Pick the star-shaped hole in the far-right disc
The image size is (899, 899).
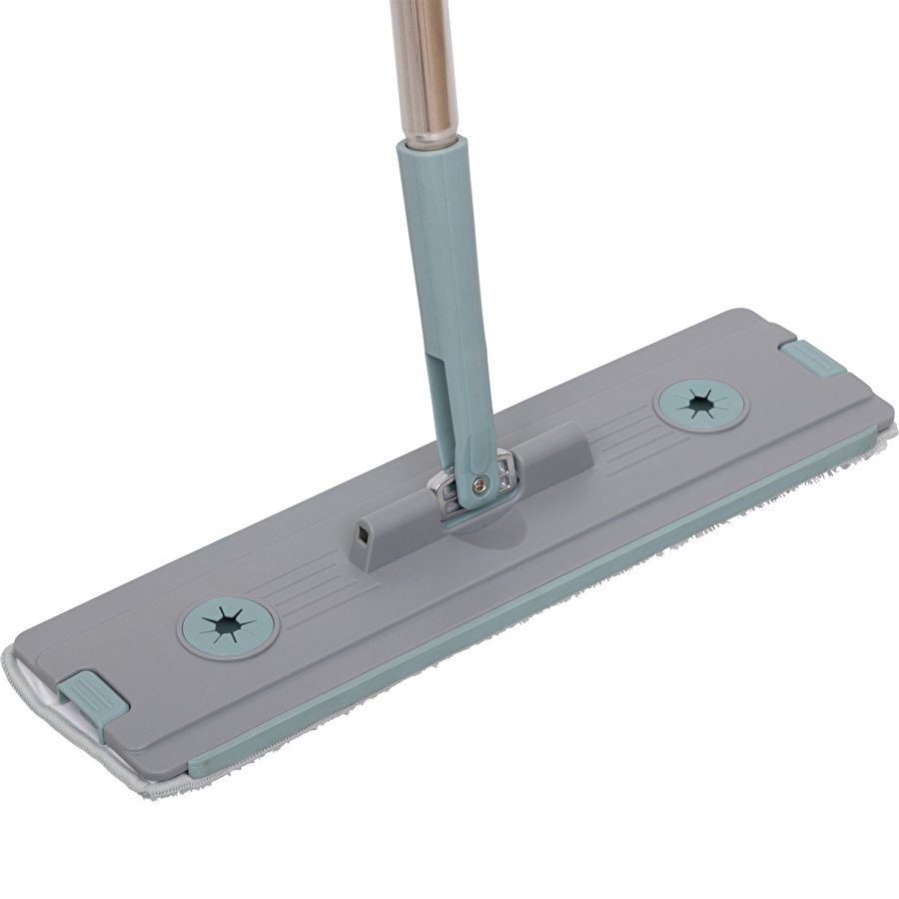[699, 403]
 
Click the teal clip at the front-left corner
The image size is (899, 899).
[93, 696]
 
